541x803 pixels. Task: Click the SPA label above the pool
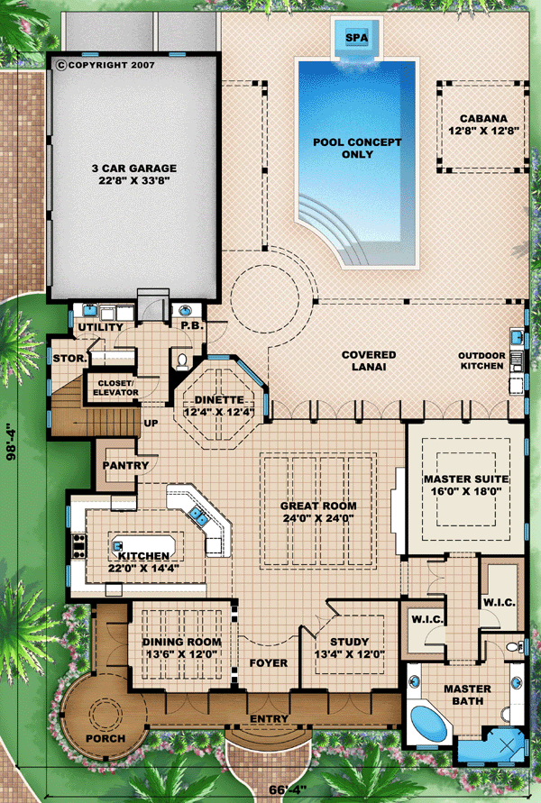tap(356, 37)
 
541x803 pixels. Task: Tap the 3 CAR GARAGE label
tap(134, 168)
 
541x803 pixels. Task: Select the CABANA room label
tap(483, 118)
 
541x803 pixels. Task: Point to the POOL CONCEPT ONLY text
tap(357, 148)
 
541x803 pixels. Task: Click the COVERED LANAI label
tap(369, 360)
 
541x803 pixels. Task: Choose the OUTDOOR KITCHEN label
tap(481, 360)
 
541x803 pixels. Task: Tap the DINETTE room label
tap(219, 400)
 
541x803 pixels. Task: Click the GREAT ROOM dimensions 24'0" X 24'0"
tap(318, 517)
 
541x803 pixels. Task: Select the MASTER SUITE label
tap(466, 479)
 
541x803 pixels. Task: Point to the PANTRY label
tap(125, 466)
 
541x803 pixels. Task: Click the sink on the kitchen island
tap(117, 546)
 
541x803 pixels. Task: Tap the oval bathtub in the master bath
tap(429, 724)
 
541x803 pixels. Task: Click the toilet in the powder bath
tap(181, 361)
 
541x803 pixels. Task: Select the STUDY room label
tap(350, 642)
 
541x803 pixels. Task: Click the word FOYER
tap(269, 663)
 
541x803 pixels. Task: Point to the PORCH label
tap(105, 738)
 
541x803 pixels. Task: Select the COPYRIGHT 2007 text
tap(106, 65)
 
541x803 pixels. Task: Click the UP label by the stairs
tap(151, 424)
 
